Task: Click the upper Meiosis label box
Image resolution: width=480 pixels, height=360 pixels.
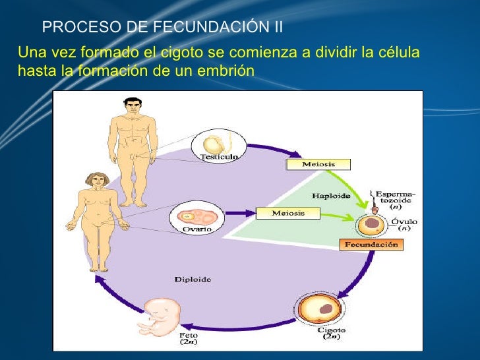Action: pyautogui.click(x=318, y=164)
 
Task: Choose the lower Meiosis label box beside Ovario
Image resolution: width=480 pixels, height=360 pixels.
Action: pyautogui.click(x=287, y=213)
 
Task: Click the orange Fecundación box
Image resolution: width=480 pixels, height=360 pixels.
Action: pyautogui.click(x=371, y=244)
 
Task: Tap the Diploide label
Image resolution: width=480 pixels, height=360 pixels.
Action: pyautogui.click(x=193, y=280)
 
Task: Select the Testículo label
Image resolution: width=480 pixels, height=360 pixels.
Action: pyautogui.click(x=220, y=157)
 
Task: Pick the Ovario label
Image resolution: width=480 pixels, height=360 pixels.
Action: pyautogui.click(x=196, y=229)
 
